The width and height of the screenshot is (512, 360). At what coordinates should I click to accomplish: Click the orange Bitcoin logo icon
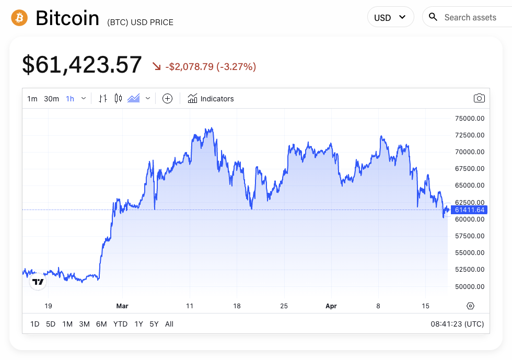19,18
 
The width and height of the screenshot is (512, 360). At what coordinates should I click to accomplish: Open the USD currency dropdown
390,17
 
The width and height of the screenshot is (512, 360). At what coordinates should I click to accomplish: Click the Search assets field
470,17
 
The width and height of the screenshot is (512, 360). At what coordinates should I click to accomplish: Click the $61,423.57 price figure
82,65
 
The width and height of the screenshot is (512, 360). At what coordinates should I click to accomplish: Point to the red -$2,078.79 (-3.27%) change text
210,66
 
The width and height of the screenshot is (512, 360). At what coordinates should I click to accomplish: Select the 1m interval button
32,99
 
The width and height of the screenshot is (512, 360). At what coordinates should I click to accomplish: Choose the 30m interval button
51,99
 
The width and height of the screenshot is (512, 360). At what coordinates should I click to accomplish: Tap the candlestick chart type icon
118,98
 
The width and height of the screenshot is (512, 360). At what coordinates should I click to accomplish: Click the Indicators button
211,98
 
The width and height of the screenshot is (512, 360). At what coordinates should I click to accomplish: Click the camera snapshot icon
479,98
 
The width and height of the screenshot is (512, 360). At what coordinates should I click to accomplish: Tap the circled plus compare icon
167,98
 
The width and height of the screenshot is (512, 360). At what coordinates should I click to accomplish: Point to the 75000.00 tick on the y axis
470,119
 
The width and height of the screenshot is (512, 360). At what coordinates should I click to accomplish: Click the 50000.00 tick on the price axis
470,286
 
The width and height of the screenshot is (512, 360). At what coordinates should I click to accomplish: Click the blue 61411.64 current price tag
470,210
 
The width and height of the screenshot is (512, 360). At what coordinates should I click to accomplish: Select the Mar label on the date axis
122,306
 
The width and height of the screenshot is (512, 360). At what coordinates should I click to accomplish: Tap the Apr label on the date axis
331,306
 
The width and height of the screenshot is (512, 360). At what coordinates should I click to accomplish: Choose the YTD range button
120,324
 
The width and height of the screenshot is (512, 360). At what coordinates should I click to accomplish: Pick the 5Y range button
154,324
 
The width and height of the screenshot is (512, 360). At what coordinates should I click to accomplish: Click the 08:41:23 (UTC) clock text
457,324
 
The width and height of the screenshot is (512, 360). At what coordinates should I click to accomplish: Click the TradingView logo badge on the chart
38,282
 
